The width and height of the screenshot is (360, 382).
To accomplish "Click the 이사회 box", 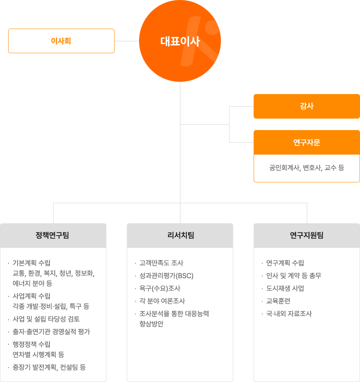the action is pyautogui.click(x=61, y=41).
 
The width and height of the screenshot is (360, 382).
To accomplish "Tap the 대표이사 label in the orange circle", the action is pyautogui.click(x=180, y=41).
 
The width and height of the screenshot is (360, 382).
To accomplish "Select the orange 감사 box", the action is pyautogui.click(x=307, y=106).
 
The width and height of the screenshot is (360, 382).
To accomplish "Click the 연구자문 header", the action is pyautogui.click(x=307, y=142).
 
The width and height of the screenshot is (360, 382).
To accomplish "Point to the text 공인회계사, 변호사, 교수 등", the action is pyautogui.click(x=307, y=168).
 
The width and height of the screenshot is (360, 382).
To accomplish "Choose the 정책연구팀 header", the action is pyautogui.click(x=53, y=235).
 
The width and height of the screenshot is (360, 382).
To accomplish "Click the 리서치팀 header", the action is pyautogui.click(x=180, y=235).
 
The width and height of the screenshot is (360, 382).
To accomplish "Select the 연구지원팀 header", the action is pyautogui.click(x=307, y=235).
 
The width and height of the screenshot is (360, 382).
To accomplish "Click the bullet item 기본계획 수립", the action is pyautogui.click(x=32, y=263).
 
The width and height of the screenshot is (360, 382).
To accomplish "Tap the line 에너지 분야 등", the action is pyautogui.click(x=32, y=283).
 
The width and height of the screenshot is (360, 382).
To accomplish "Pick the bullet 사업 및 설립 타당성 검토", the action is pyautogui.click(x=46, y=319).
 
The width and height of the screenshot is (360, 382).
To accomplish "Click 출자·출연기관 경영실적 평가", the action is pyautogui.click(x=51, y=332).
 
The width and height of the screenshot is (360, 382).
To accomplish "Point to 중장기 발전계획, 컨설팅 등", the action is pyautogui.click(x=49, y=367).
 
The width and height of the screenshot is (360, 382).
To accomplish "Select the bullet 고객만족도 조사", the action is pyautogui.click(x=161, y=263).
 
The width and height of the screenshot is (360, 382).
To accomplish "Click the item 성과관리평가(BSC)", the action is pyautogui.click(x=166, y=276).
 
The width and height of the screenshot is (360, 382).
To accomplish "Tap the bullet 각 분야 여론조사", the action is pyautogui.click(x=162, y=301).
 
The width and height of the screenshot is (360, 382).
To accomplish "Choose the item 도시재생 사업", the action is pyautogui.click(x=285, y=288).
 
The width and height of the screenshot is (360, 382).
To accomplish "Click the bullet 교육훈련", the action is pyautogui.click(x=278, y=301).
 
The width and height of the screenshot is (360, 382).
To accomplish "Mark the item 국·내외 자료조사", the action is pyautogui.click(x=289, y=314).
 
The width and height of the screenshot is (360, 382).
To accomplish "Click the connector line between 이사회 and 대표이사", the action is pyautogui.click(x=127, y=41).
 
